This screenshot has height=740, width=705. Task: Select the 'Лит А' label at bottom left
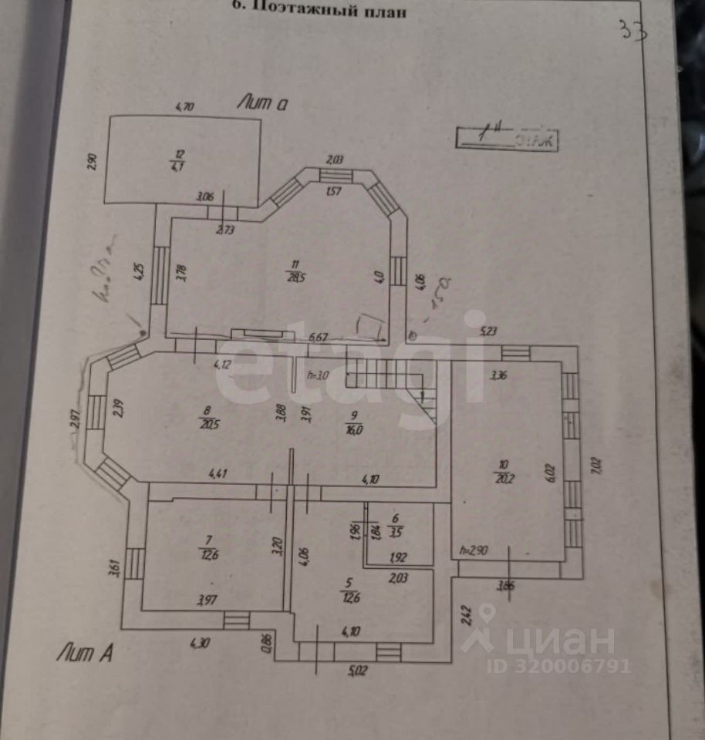(85, 654)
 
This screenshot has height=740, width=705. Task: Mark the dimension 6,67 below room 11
(319, 337)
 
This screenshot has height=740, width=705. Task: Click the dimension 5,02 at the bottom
(357, 671)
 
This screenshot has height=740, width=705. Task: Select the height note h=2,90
(473, 550)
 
